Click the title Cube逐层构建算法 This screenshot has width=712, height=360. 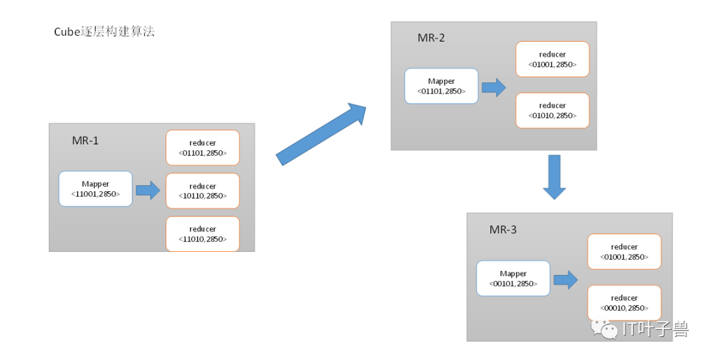pyautogui.click(x=104, y=32)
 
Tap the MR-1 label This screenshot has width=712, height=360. pyautogui.click(x=85, y=140)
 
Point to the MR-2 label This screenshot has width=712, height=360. pyautogui.click(x=431, y=38)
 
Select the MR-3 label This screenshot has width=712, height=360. pyautogui.click(x=502, y=229)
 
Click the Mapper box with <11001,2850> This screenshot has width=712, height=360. pyautogui.click(x=96, y=189)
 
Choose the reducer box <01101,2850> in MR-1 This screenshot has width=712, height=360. pyautogui.click(x=202, y=148)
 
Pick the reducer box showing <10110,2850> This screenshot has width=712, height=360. pyautogui.click(x=202, y=191)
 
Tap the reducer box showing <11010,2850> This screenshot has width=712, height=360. pyautogui.click(x=202, y=234)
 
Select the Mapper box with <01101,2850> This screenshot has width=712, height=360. pyautogui.click(x=441, y=86)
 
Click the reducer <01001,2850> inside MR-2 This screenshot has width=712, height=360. pyautogui.click(x=552, y=59)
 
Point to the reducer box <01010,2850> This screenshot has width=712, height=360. pyautogui.click(x=552, y=110)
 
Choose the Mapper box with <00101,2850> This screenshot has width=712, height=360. pyautogui.click(x=513, y=278)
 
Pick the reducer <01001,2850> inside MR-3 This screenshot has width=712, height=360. pyautogui.click(x=624, y=251)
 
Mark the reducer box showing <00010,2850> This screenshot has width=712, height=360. pyautogui.click(x=624, y=303)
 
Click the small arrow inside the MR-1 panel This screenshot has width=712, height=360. pyautogui.click(x=148, y=190)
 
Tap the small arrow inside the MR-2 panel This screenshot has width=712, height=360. pyautogui.click(x=494, y=87)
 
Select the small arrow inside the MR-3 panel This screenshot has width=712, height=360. pyautogui.click(x=566, y=280)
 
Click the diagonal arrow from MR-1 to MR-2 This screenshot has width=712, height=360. pyautogui.click(x=320, y=135)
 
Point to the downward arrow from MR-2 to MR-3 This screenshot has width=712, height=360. pyautogui.click(x=554, y=177)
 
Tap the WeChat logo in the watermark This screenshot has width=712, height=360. pyautogui.click(x=605, y=328)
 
